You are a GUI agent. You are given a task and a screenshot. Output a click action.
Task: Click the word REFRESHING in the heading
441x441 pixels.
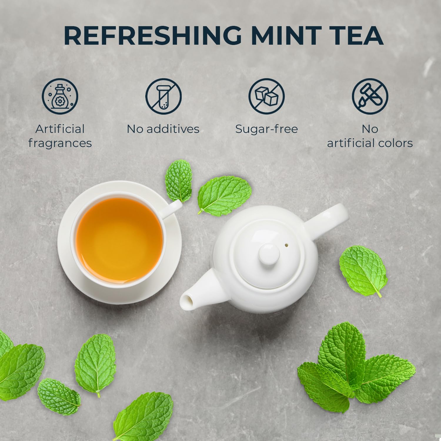pyautogui.click(x=152, y=36)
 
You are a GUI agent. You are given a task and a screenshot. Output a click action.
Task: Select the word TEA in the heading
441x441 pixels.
pyautogui.click(x=357, y=36)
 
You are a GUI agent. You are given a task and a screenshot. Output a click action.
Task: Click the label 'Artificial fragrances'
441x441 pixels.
pyautogui.click(x=60, y=136)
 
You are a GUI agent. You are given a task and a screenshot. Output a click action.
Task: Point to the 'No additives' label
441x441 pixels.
pyautogui.click(x=163, y=129)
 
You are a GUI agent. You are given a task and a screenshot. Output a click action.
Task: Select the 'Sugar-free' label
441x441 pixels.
pyautogui.click(x=267, y=129)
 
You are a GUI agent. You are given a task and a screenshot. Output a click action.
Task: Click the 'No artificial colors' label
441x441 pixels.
pyautogui.click(x=370, y=136)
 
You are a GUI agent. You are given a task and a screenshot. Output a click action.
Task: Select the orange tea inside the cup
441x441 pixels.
pyautogui.click(x=119, y=238)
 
